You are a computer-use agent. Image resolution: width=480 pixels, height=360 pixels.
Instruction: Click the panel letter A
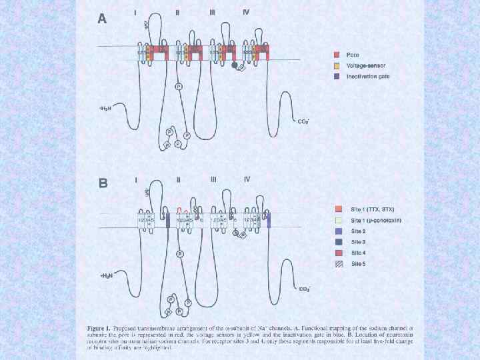(x=102, y=19)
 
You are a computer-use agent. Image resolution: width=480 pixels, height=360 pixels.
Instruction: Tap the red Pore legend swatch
(x=337, y=54)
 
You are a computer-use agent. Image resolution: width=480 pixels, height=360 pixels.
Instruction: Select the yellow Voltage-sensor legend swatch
(x=337, y=65)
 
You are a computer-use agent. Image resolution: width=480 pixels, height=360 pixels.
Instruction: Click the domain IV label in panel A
(x=246, y=13)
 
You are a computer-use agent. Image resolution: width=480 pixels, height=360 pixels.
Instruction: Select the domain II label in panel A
(x=177, y=13)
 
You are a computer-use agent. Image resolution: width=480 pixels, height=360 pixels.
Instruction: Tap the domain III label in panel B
(x=213, y=179)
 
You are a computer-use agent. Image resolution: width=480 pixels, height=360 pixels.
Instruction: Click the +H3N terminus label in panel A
(x=106, y=108)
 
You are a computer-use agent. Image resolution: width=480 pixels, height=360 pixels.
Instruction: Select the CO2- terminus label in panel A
(x=303, y=122)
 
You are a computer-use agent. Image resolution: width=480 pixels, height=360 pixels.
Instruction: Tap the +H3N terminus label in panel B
(x=106, y=275)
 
